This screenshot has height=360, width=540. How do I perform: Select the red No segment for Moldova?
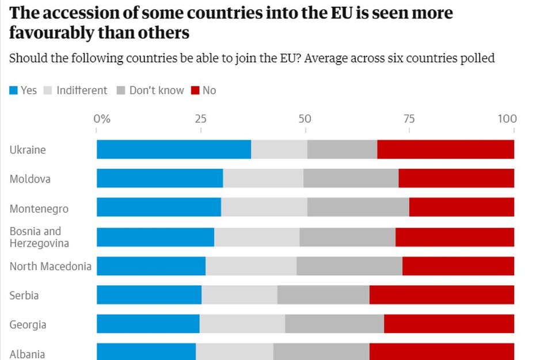456,179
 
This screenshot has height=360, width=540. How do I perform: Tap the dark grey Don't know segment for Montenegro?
358,207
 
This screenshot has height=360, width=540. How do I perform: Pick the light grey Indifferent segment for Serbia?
239,295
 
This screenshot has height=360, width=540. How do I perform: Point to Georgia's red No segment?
449,324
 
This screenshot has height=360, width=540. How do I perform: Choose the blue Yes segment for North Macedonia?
151,266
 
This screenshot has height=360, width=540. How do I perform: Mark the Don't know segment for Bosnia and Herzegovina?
347,237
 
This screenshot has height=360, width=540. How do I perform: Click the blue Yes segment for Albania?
146,351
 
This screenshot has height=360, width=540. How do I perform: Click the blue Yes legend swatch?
14,90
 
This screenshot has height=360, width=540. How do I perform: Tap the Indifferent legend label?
82,90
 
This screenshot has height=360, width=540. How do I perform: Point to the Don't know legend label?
157,90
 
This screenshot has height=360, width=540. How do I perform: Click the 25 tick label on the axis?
200,119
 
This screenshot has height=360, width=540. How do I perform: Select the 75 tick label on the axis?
409,119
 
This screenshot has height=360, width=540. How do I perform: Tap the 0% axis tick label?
101,119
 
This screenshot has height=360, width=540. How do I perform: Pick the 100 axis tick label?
507,119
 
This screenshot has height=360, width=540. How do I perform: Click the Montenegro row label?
39,209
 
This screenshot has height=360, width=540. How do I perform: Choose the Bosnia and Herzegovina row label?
39,237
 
